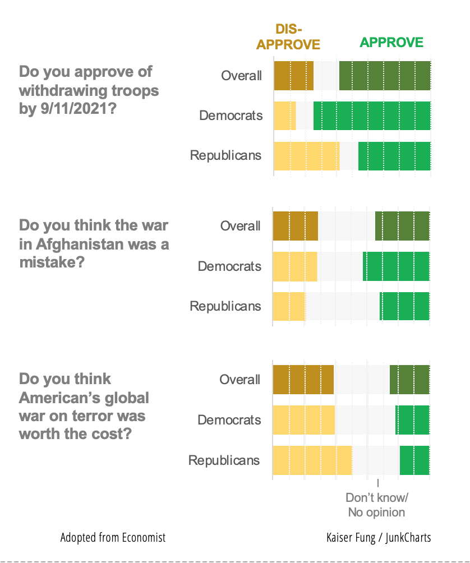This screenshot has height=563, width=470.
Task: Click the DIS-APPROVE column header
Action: click(288, 37)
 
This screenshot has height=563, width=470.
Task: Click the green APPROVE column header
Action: click(391, 43)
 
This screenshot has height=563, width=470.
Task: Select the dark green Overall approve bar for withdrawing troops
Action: click(385, 76)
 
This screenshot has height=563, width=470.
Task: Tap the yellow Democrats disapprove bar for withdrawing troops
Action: click(284, 116)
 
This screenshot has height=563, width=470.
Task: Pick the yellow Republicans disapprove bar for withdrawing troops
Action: click(306, 156)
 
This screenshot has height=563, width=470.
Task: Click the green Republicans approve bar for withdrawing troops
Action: click(394, 156)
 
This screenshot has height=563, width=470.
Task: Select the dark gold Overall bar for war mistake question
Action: click(295, 226)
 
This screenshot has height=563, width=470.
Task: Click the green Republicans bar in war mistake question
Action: click(404, 306)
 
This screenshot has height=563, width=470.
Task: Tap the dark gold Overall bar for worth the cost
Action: click(303, 380)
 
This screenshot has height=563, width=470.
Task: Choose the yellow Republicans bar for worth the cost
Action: click(312, 460)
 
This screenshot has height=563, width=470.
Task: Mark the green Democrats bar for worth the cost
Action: click(412, 420)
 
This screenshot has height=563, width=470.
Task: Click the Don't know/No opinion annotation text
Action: click(376, 505)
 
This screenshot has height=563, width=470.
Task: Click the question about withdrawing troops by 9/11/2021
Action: click(89, 90)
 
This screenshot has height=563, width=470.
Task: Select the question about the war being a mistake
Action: click(94, 243)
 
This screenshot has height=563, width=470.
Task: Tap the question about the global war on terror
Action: click(84, 407)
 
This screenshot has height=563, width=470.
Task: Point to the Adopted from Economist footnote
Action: click(113, 537)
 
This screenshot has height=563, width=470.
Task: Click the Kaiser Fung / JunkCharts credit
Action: click(379, 537)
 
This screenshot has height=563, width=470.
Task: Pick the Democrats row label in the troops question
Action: click(231, 116)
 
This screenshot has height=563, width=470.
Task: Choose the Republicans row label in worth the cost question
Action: click(224, 460)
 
